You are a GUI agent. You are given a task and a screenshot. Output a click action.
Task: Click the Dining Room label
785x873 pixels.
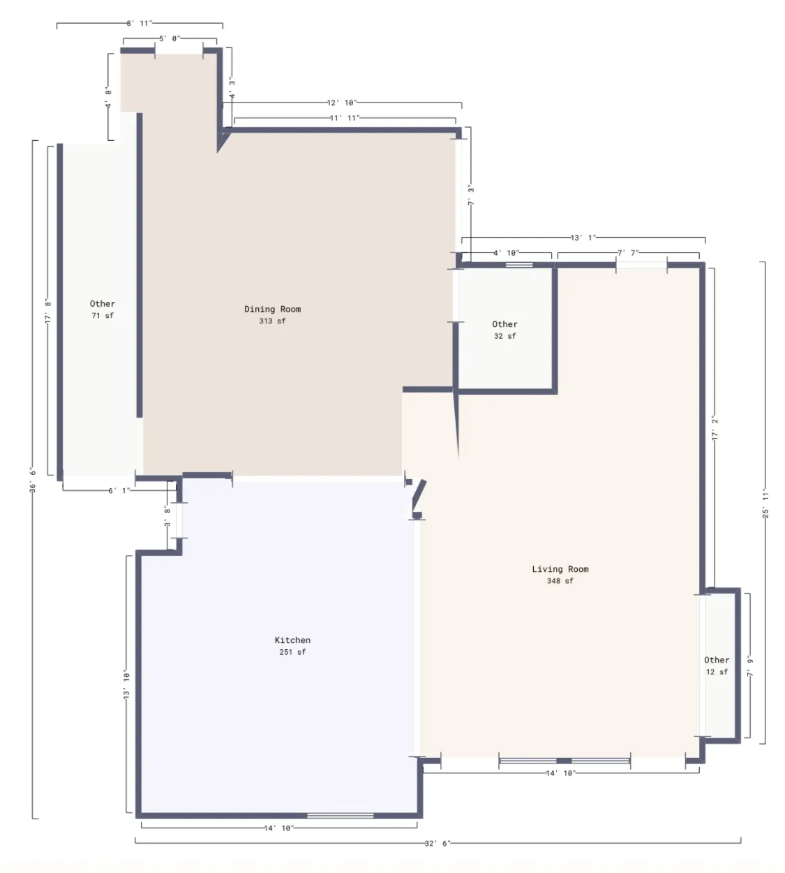pos(273,309)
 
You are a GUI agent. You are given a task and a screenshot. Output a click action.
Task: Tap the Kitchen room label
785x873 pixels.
pos(292,640)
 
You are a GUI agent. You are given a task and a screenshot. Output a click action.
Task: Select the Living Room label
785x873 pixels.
pos(560,569)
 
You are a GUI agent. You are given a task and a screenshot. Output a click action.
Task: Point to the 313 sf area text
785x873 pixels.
pos(272,321)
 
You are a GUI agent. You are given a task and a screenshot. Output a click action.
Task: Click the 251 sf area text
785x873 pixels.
pos(292,652)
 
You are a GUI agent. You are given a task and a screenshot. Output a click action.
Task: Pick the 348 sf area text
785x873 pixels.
pos(560,581)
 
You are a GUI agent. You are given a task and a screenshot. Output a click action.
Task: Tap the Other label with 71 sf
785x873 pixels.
pos(102,304)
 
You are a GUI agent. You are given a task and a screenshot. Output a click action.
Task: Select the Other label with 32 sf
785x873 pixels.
pos(504,324)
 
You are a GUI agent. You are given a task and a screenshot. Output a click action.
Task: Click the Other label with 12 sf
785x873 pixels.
pos(717,660)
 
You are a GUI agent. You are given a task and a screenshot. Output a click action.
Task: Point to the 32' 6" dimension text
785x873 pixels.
pos(438,843)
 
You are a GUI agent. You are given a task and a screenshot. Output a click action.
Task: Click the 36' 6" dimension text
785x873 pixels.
pos(33,480)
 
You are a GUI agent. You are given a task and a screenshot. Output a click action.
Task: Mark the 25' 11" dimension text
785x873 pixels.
pos(765,503)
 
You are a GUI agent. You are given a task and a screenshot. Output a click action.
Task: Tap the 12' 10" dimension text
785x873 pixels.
pos(342,103)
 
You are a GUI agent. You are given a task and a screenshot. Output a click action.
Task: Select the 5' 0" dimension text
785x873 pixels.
pos(170,38)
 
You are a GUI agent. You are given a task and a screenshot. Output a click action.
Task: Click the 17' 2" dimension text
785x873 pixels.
pos(715,428)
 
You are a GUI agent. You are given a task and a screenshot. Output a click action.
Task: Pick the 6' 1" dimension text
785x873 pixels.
pos(119,490)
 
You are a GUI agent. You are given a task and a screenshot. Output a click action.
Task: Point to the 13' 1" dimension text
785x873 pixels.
pos(583,237)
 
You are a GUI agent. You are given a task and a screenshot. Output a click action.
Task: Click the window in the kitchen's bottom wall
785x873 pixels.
pos(341,816)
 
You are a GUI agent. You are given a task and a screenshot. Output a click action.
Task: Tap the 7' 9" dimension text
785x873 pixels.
pos(750,667)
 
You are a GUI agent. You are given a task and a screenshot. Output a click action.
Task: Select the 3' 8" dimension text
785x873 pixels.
pos(167,516)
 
